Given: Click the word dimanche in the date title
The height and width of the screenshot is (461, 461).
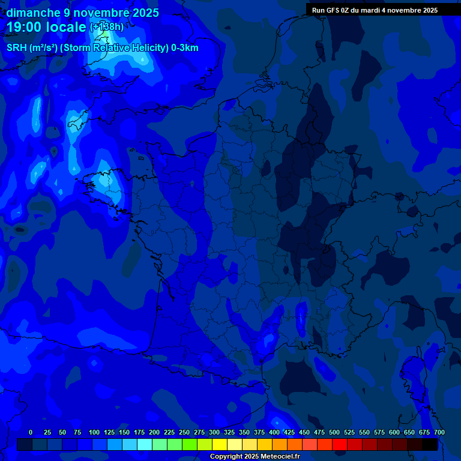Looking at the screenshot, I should point(33,13).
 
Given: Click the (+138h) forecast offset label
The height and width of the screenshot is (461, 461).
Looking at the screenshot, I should point(107,27).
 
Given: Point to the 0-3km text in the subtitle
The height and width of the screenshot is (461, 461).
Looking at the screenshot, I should point(184,48).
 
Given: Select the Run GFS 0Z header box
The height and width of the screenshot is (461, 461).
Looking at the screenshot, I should point(375,10).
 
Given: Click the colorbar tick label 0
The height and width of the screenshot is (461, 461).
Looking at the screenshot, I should point(31,432).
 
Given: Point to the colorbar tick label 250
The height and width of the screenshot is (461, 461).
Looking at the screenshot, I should point(184,432).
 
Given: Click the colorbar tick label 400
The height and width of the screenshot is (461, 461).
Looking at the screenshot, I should point(274,432).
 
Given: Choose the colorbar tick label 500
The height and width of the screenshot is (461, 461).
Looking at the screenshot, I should point(334,432).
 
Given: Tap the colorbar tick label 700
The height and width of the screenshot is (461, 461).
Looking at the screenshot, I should point(439,432).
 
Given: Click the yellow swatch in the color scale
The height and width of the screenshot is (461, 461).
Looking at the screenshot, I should point(220,445).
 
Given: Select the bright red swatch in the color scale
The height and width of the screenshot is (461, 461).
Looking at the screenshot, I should point(340,445).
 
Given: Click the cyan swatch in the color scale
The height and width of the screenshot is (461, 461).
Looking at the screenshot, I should point(145,445).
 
